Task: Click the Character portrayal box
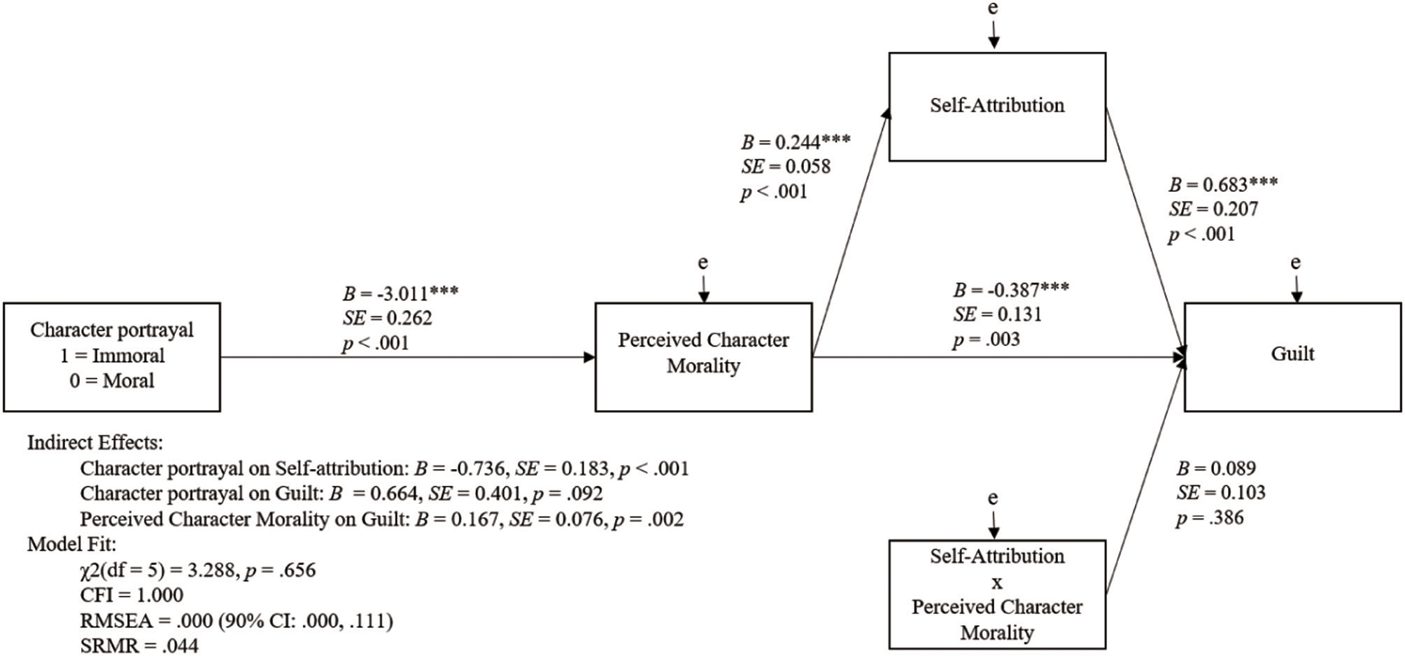click(112, 356)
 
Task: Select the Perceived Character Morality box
click(703, 356)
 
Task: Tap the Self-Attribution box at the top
click(997, 106)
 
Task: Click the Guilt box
click(1292, 356)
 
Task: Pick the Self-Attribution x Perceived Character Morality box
click(997, 594)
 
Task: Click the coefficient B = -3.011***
click(400, 293)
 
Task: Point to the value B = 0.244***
click(796, 142)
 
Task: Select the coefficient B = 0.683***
click(1222, 185)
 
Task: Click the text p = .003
click(986, 340)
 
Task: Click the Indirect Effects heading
click(94, 442)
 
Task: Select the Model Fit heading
click(71, 544)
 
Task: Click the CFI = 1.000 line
click(132, 595)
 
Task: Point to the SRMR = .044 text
click(139, 645)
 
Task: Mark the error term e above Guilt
click(1295, 263)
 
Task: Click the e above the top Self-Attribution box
click(992, 8)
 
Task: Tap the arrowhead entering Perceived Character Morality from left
click(589, 357)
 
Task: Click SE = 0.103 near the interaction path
click(1220, 493)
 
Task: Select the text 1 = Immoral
click(112, 356)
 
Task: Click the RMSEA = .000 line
click(236, 620)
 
